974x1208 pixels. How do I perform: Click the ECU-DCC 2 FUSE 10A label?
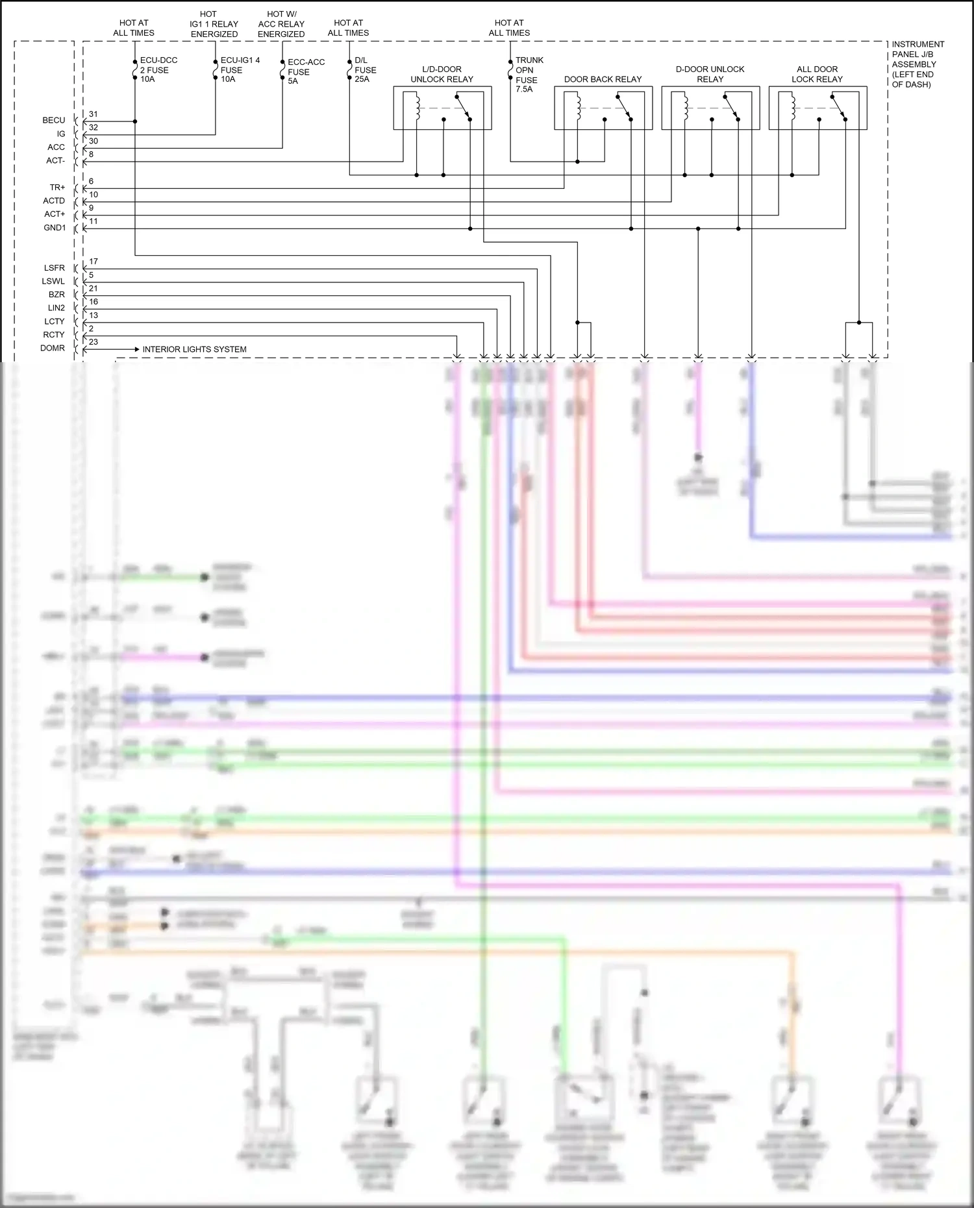pyautogui.click(x=158, y=69)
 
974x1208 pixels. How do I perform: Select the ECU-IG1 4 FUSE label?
pyautogui.click(x=239, y=69)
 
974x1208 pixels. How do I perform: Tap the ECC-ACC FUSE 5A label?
pyautogui.click(x=305, y=71)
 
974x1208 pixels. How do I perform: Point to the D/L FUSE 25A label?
pyautogui.click(x=364, y=69)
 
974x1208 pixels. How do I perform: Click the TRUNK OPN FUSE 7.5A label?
pyautogui.click(x=529, y=75)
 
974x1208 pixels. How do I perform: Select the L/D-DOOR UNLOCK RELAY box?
pyautogui.click(x=442, y=108)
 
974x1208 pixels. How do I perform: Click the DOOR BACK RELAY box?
pyautogui.click(x=603, y=108)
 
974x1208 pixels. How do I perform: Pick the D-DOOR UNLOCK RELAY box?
pyautogui.click(x=710, y=108)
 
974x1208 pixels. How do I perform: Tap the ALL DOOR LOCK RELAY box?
pyautogui.click(x=817, y=108)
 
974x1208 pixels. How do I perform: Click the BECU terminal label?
pyautogui.click(x=54, y=121)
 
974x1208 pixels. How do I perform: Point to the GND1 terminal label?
pyautogui.click(x=55, y=228)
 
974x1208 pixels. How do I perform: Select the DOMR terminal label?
pyautogui.click(x=53, y=349)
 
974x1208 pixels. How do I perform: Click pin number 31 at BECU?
pyautogui.click(x=94, y=114)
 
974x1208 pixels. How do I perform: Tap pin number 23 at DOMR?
pyautogui.click(x=94, y=342)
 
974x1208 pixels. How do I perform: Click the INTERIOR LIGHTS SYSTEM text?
pyautogui.click(x=194, y=349)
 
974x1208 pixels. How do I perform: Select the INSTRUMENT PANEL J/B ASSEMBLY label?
pyautogui.click(x=917, y=64)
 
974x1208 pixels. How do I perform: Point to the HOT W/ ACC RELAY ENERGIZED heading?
pyautogui.click(x=281, y=24)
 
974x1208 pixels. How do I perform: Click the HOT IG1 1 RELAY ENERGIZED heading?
pyautogui.click(x=214, y=24)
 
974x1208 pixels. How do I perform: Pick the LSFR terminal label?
pyautogui.click(x=55, y=268)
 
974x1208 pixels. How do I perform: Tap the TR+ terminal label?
pyautogui.click(x=57, y=188)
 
